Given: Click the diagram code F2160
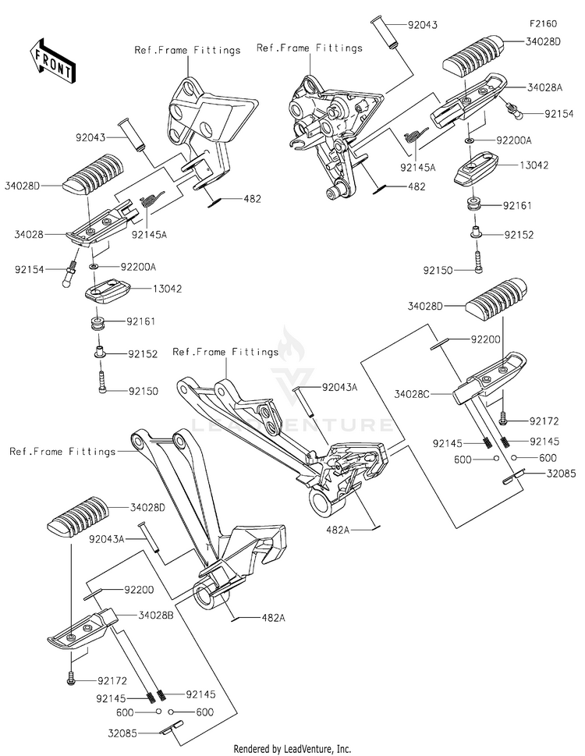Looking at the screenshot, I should tap(545, 24).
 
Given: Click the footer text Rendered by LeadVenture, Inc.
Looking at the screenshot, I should tap(292, 748).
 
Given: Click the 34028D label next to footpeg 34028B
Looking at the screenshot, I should tap(148, 506).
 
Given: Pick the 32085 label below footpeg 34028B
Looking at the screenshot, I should tap(127, 733).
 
